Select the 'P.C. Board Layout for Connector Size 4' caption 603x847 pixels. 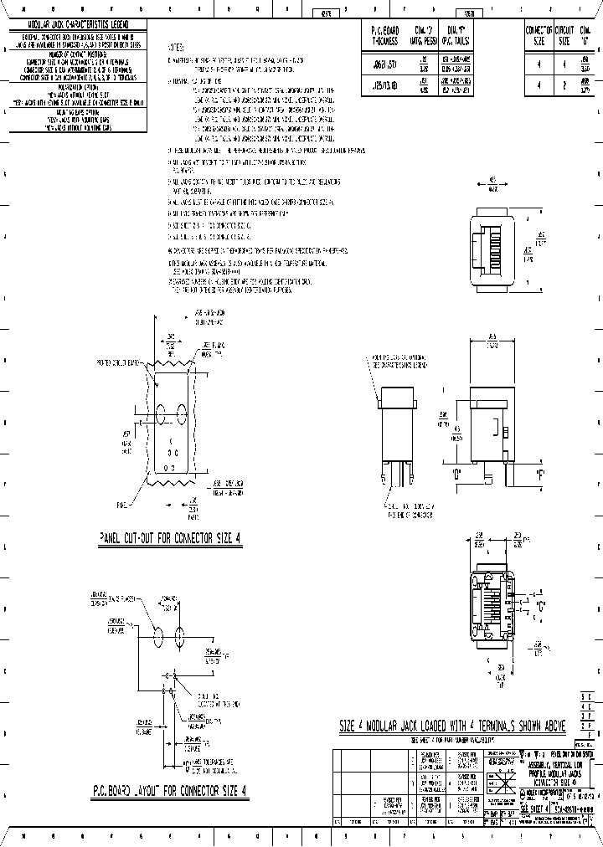[170, 789]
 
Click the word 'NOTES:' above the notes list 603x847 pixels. [178, 48]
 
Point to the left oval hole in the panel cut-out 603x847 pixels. [159, 413]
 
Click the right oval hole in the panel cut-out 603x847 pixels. [179, 413]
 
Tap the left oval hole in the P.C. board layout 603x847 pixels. [158, 636]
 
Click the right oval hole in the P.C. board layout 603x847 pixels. [178, 636]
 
